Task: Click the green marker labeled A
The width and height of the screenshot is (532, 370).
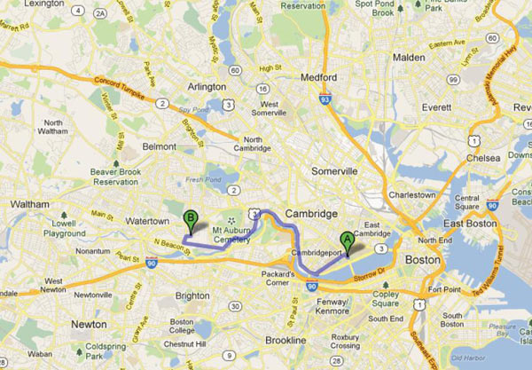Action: tap(347, 239)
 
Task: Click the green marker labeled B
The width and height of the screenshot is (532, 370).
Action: tap(190, 218)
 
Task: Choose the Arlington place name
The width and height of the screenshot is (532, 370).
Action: tap(207, 86)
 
